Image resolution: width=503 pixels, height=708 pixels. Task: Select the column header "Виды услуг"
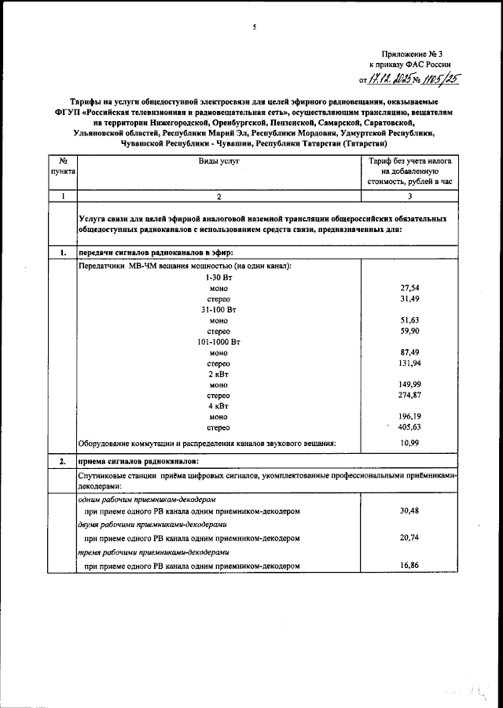tap(218, 160)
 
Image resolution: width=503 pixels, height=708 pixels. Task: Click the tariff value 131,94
tap(407, 363)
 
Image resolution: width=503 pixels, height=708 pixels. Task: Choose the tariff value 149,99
tap(407, 384)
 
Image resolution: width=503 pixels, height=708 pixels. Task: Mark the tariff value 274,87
tap(407, 395)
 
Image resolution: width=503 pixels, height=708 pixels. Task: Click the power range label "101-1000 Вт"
tap(218, 343)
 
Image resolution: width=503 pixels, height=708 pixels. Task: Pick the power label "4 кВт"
tap(218, 407)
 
